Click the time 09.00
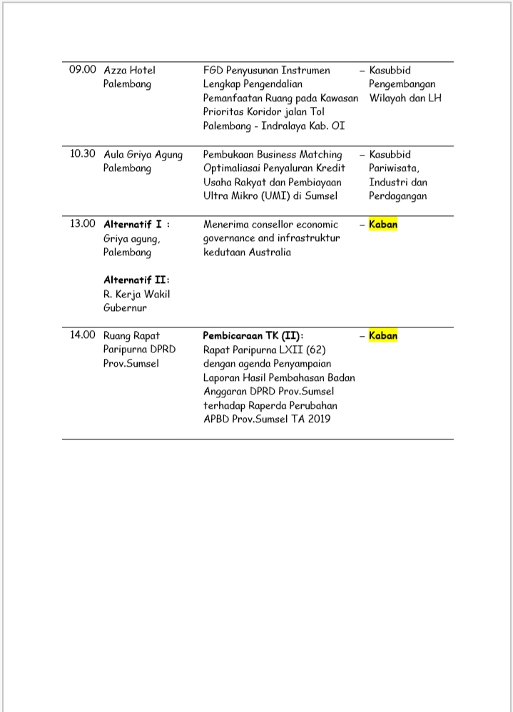click(x=82, y=70)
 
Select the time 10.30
click(x=82, y=154)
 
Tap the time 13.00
click(x=82, y=224)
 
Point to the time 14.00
click(x=82, y=335)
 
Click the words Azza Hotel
click(x=129, y=70)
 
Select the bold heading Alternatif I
click(x=133, y=224)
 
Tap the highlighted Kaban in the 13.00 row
click(x=383, y=224)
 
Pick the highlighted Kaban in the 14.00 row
click(x=383, y=335)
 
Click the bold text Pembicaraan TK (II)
click(x=253, y=335)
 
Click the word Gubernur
click(x=125, y=307)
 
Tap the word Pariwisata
click(x=394, y=168)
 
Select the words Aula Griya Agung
click(x=143, y=154)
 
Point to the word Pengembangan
click(x=402, y=84)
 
